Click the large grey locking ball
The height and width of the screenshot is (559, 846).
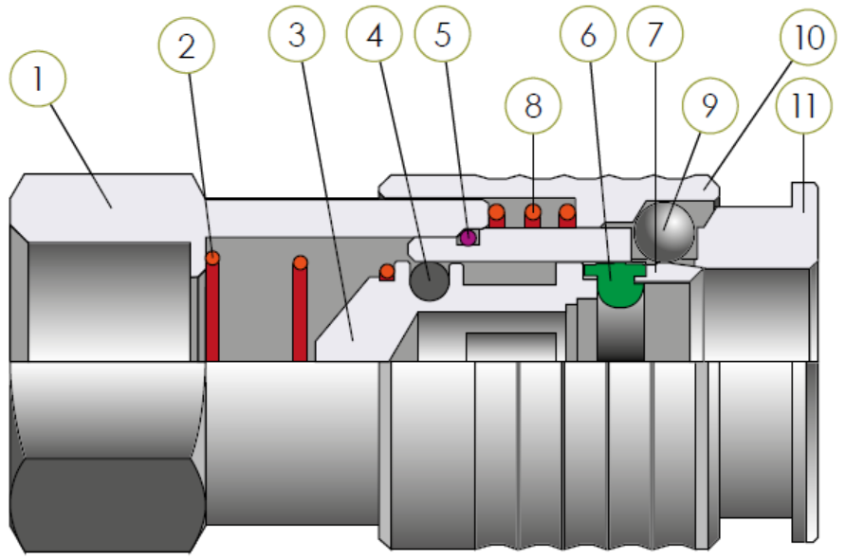click(x=664, y=231)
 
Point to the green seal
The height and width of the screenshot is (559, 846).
click(x=615, y=285)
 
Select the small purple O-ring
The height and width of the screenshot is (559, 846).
click(x=468, y=236)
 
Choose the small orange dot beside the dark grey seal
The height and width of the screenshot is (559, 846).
click(x=386, y=273)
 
